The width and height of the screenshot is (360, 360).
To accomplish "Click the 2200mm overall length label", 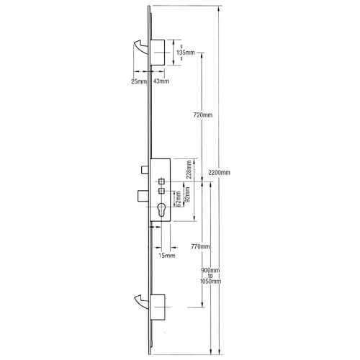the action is pyautogui.click(x=219, y=172).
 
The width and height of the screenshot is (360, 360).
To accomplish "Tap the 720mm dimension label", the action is pyautogui.click(x=203, y=115).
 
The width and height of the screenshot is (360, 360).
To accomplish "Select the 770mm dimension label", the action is pyautogui.click(x=200, y=246).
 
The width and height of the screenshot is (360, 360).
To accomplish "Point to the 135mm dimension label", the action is pyautogui.click(x=186, y=53).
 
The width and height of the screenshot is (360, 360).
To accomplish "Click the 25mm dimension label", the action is pyautogui.click(x=139, y=81).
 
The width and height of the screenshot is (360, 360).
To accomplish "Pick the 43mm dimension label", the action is pyautogui.click(x=161, y=81).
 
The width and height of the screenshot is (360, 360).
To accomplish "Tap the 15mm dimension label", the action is pyautogui.click(x=167, y=256).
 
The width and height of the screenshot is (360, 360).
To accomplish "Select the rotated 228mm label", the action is pyautogui.click(x=189, y=169).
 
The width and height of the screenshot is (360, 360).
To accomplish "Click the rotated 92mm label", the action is pyautogui.click(x=187, y=194).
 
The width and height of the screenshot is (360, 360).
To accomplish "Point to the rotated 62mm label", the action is pyautogui.click(x=178, y=199).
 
